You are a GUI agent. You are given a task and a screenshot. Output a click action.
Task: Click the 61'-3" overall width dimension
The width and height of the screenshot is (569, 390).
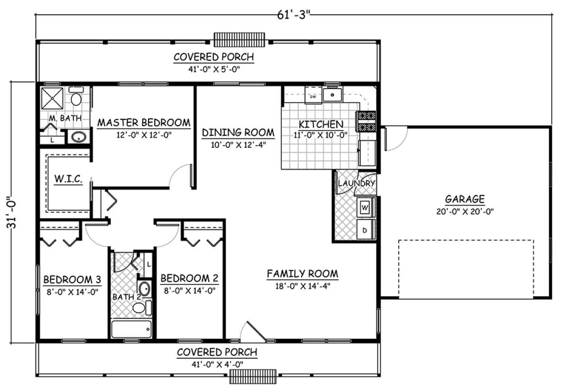pos(294,15)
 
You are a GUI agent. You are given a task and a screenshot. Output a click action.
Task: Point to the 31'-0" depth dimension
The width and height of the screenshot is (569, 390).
pos(12,212)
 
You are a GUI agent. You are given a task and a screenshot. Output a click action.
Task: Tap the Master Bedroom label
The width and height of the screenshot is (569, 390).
pos(144,123)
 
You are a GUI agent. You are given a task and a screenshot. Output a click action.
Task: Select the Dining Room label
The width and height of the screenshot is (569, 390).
pos(238,133)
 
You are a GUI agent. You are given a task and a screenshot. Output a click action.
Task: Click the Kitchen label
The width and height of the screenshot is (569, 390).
pos(321,125)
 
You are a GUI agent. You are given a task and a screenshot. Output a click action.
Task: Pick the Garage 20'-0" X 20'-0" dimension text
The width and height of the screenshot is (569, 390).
pos(465,211)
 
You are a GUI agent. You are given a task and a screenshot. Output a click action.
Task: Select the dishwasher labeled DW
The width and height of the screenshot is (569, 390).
pos(313,96)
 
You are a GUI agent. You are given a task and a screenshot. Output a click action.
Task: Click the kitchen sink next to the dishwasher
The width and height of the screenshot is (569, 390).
pos(332,95)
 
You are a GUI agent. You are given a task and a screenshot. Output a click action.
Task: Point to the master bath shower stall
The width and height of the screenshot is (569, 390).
pos(52,98)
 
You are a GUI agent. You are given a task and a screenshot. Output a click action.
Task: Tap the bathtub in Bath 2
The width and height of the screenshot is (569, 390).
pos(132,329)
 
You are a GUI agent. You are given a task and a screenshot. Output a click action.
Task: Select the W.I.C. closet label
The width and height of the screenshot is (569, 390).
pos(68,179)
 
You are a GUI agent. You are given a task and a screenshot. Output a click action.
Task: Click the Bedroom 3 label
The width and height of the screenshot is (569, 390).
pos(72,280)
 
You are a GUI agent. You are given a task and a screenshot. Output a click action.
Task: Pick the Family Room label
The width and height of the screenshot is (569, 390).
pos(303,274)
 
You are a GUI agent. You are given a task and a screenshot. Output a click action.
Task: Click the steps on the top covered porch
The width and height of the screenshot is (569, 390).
pos(239,40)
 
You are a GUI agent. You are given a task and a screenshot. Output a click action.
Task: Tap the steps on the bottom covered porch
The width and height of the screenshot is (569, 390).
pos(253,377)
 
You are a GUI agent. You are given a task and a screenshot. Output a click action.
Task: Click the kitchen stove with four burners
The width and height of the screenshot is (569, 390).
pos(367,122)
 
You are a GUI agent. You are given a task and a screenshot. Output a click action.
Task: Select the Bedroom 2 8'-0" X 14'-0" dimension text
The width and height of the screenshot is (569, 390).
pos(190,290)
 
